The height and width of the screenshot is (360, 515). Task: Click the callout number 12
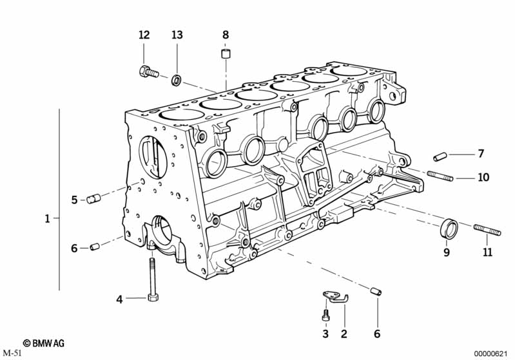144,35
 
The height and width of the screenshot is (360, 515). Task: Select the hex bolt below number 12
148,71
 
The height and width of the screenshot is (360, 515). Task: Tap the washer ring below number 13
176,80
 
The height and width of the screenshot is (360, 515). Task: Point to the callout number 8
225,35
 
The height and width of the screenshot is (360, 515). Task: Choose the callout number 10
483,176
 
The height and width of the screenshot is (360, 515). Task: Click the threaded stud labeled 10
440,175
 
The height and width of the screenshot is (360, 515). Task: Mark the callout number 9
446,253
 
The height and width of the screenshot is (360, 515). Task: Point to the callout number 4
119,298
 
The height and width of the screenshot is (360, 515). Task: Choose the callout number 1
47,219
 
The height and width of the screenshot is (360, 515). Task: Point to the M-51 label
12,353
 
